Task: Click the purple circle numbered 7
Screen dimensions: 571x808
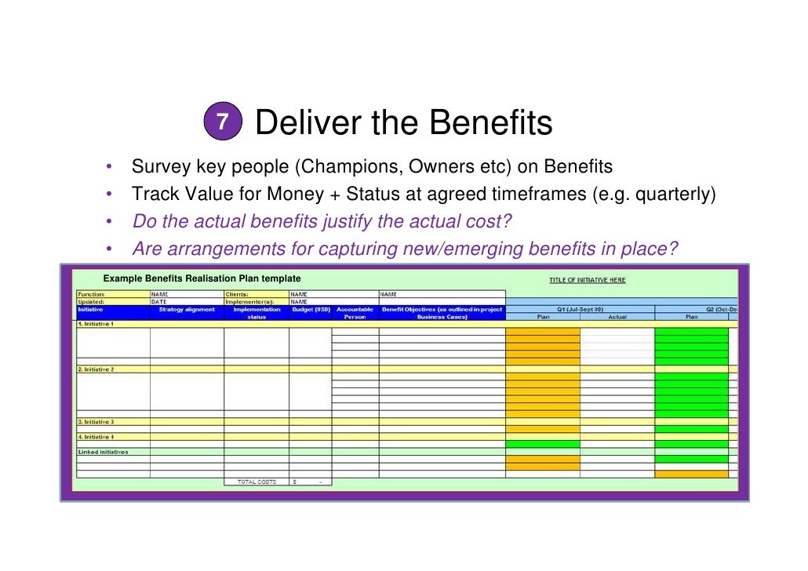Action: pyautogui.click(x=224, y=122)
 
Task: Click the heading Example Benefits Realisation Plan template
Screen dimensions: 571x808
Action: pyautogui.click(x=202, y=278)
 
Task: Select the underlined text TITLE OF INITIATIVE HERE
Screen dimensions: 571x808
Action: pyautogui.click(x=588, y=280)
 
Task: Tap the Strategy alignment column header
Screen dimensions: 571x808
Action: pyautogui.click(x=187, y=309)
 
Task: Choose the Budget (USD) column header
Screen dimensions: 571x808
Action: pyautogui.click(x=310, y=309)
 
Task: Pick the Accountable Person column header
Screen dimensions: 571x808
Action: pyautogui.click(x=355, y=313)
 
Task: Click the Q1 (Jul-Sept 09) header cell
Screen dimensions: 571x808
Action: pyautogui.click(x=580, y=309)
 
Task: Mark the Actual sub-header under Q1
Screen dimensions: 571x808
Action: pyautogui.click(x=617, y=317)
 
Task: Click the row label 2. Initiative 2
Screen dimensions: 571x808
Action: pyautogui.click(x=96, y=369)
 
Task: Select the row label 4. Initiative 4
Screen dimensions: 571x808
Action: pyautogui.click(x=96, y=437)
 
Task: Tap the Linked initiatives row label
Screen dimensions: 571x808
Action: pyautogui.click(x=103, y=452)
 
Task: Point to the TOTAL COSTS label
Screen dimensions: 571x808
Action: pyautogui.click(x=257, y=482)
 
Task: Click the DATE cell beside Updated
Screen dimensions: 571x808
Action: pyautogui.click(x=159, y=301)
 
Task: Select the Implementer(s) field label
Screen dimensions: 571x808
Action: pyautogui.click(x=250, y=301)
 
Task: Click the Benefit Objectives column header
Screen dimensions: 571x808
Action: pyautogui.click(x=442, y=313)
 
